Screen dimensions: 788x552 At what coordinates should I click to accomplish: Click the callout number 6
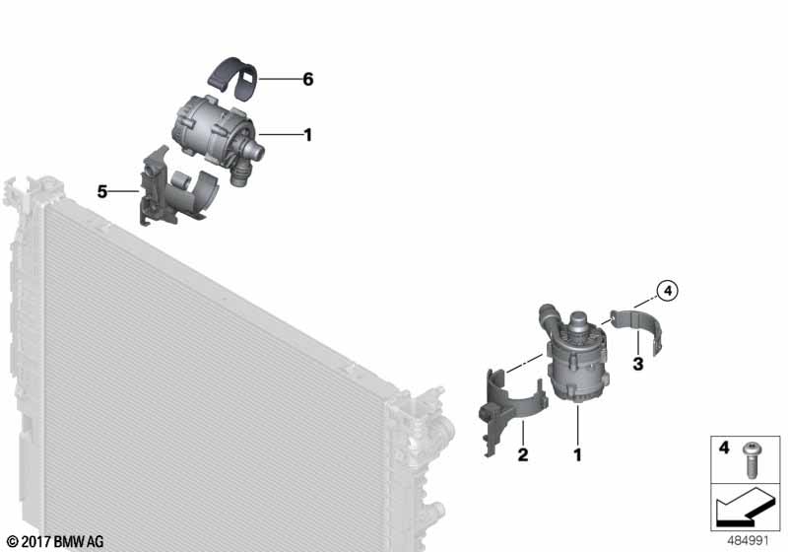click(308, 79)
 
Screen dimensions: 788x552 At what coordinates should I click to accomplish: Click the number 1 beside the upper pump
click(308, 135)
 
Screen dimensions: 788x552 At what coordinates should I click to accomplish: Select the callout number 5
click(102, 191)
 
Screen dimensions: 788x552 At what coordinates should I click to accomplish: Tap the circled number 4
click(668, 291)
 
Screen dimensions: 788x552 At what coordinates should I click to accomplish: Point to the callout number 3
click(637, 364)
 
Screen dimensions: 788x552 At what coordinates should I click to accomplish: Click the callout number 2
click(523, 455)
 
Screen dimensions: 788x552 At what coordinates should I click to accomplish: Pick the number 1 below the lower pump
click(578, 455)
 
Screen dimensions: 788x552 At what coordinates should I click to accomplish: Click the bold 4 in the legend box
click(724, 448)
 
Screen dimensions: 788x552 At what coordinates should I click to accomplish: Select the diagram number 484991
click(749, 541)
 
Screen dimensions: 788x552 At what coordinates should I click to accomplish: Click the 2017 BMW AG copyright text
click(56, 541)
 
